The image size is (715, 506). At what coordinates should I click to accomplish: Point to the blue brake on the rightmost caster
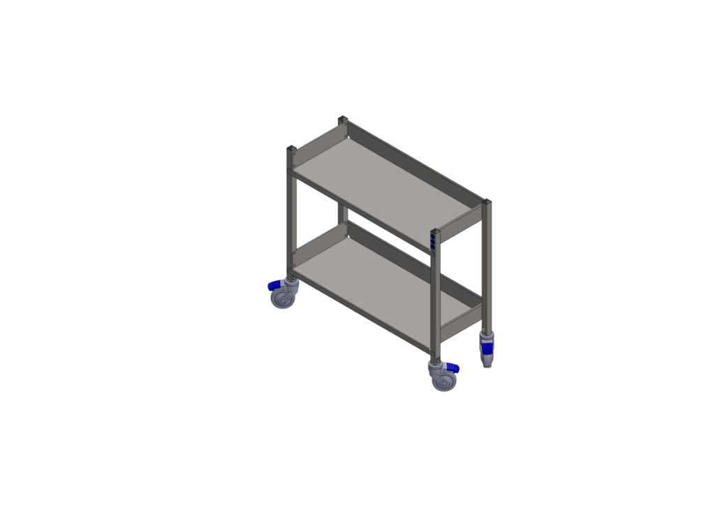pos(486,347)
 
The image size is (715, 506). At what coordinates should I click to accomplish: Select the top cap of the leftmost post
pos(291,147)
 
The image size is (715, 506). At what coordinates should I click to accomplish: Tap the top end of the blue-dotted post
pos(435,231)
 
